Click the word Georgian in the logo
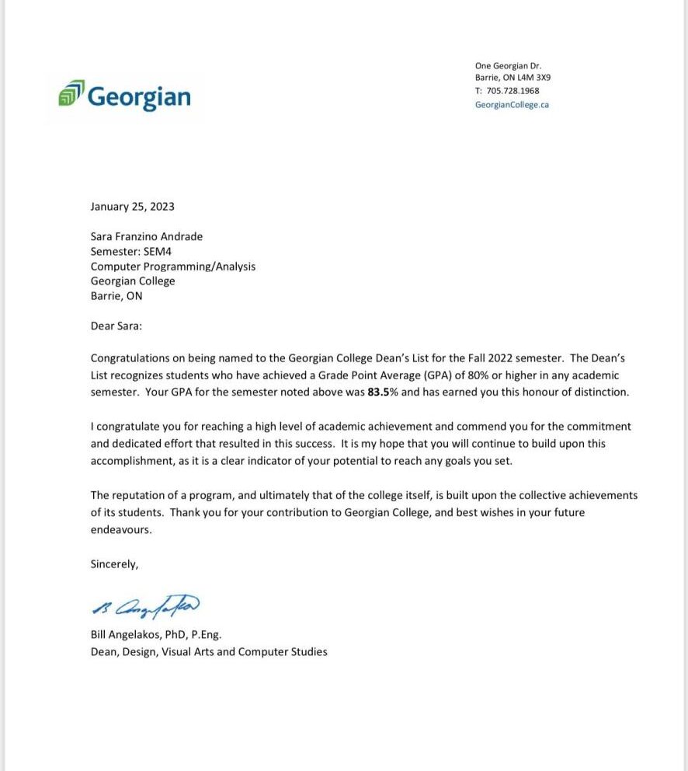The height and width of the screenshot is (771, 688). click(139, 96)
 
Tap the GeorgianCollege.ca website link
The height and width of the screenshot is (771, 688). click(512, 104)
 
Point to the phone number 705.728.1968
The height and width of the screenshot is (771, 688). click(517, 91)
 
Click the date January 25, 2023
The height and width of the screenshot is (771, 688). click(133, 207)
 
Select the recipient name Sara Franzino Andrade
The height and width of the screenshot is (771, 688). click(147, 236)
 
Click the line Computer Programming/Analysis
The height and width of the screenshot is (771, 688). click(173, 266)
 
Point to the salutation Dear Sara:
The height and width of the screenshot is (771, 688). click(116, 326)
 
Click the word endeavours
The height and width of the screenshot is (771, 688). click(121, 529)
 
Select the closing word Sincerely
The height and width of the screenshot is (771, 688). click(113, 564)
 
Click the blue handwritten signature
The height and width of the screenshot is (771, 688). click(145, 605)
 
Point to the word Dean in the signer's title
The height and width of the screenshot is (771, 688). click(104, 651)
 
